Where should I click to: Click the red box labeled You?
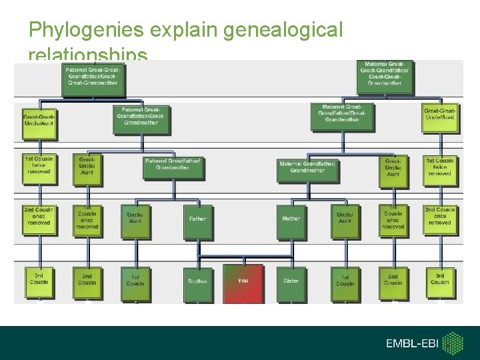243,283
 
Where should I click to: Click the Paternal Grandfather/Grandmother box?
172,165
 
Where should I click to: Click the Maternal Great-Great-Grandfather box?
385,74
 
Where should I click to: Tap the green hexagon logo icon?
455,343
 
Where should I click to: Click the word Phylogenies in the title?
87,30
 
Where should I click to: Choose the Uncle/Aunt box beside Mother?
345,219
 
